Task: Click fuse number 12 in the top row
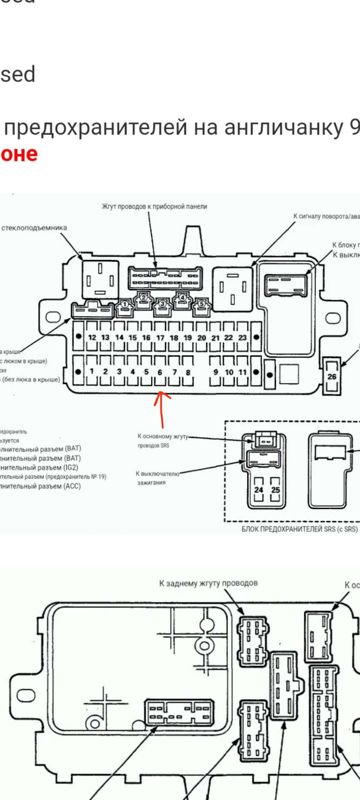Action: [x=92, y=337]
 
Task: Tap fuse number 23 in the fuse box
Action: [x=242, y=337]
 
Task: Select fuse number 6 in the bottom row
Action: [x=160, y=372]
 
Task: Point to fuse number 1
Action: [x=92, y=371]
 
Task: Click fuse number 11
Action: [x=243, y=372]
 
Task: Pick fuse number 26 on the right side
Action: [x=332, y=376]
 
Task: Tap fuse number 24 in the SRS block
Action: [x=259, y=490]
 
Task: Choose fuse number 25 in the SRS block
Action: [x=275, y=490]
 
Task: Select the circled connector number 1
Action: [x=124, y=305]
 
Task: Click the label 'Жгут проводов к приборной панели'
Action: [x=155, y=206]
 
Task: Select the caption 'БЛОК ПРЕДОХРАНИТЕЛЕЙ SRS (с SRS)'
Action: [x=300, y=529]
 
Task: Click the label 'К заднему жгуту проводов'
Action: [x=208, y=583]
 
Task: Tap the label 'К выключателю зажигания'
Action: [x=157, y=478]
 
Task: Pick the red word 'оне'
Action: [x=19, y=154]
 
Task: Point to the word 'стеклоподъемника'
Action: [x=34, y=228]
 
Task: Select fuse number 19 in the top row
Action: [x=188, y=337]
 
